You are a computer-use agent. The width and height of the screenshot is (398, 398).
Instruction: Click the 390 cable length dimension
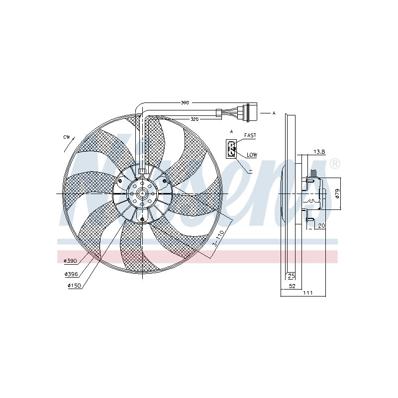pyautogui.click(x=185, y=102)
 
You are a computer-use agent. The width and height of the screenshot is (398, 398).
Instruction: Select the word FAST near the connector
pyautogui.click(x=250, y=135)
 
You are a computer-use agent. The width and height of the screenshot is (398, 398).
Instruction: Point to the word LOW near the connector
pyautogui.click(x=252, y=155)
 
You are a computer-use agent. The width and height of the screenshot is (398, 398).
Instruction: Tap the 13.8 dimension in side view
pyautogui.click(x=318, y=151)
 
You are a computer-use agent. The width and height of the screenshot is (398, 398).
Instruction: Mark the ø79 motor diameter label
pyautogui.click(x=337, y=194)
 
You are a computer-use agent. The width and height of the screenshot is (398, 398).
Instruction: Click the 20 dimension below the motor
pyautogui.click(x=320, y=225)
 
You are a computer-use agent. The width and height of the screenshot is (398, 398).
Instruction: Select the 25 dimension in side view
pyautogui.click(x=291, y=276)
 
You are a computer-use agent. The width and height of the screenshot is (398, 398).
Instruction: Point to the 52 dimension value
pyautogui.click(x=292, y=286)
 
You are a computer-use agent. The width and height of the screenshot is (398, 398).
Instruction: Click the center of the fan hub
pyautogui.click(x=142, y=194)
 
